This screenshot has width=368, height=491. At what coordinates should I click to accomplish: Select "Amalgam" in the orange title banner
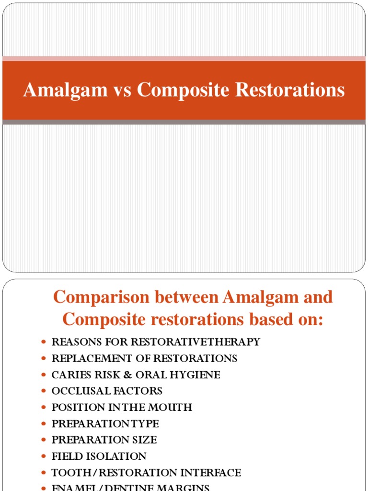point(66,90)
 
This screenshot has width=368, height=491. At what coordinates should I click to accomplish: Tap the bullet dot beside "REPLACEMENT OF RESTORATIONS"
point(44,359)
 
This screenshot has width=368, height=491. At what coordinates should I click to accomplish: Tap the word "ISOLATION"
point(117,456)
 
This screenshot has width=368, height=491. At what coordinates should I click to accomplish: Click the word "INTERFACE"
point(210,473)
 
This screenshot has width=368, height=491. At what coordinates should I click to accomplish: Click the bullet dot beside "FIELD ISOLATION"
point(44,456)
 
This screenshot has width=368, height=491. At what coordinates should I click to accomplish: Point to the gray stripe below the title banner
point(184,122)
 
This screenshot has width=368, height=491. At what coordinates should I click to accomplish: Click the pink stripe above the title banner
point(184,58)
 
